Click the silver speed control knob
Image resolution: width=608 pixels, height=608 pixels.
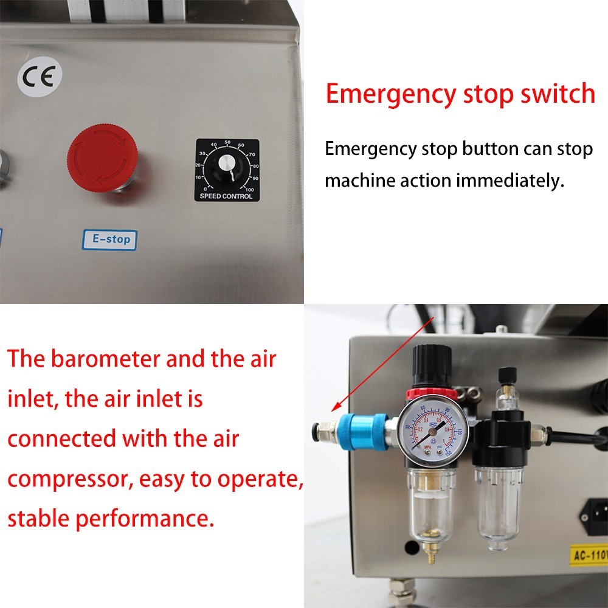pos(227,162)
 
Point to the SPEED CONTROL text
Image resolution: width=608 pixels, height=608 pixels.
pos(226,196)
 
